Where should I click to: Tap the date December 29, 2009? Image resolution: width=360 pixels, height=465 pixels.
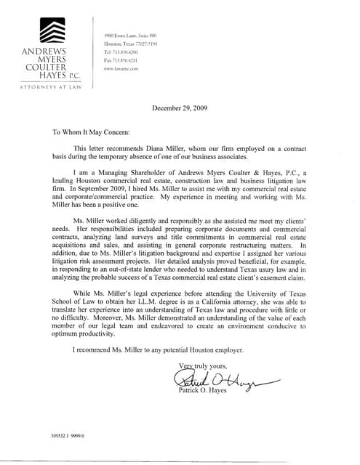coord(180,108)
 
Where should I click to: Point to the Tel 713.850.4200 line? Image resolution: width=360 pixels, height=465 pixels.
coord(121,52)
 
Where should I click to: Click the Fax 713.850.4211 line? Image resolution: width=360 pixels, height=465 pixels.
coord(121,60)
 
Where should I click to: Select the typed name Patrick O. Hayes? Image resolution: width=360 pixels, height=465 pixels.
coord(204,390)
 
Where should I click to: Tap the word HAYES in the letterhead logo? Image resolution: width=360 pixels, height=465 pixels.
coord(41,75)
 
